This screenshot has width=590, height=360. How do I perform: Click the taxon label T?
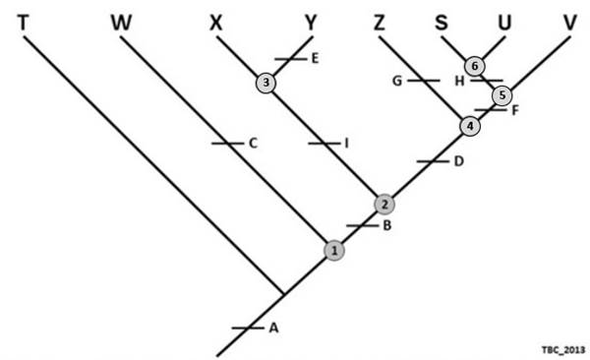pos(22,21)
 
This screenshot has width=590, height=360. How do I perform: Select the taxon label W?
pos(121,21)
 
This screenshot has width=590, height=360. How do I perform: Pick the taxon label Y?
pos(312,21)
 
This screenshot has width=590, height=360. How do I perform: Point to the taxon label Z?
pos(380,21)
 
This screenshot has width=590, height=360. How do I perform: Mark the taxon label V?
pos(569,21)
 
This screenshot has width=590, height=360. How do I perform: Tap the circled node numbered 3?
pos(265,84)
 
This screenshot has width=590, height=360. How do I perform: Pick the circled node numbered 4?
pos(470,126)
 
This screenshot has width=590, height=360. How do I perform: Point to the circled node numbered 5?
pos(501,95)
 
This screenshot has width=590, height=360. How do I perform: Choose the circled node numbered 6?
pos(474,66)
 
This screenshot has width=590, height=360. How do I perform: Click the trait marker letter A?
pos(273,329)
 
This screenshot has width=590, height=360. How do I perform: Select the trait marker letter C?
pos(253,144)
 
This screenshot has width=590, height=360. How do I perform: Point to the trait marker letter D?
pos(458,160)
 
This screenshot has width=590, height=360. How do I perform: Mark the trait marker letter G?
pos(396,82)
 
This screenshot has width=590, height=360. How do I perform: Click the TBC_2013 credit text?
pos(562,349)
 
